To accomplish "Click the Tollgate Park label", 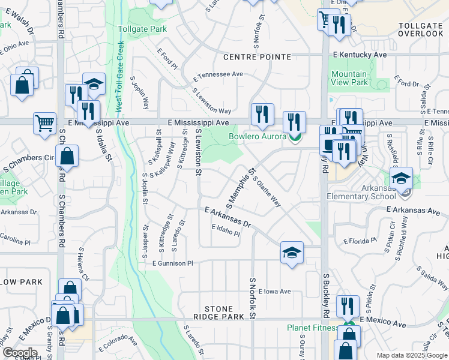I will [x=142, y=29].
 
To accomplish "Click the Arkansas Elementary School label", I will [x=361, y=192].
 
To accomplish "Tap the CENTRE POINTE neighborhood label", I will [x=257, y=57].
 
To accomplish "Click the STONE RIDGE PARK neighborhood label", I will [x=218, y=313].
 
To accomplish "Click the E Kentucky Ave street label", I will [x=360, y=55].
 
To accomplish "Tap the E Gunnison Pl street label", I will [x=173, y=263].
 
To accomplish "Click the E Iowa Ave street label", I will [x=275, y=292].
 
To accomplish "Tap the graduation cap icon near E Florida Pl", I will [x=292, y=253].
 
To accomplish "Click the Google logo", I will [x=20, y=353].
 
